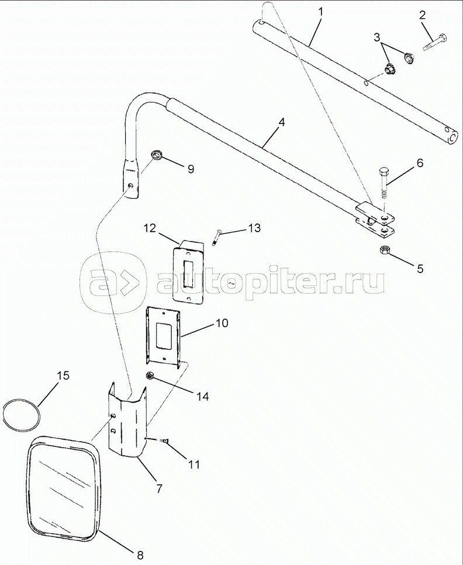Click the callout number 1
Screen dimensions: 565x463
pyautogui.click(x=320, y=11)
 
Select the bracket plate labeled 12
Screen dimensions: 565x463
pyautogui.click(x=188, y=272)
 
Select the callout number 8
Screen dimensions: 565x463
pyautogui.click(x=140, y=553)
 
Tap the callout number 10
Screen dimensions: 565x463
pyautogui.click(x=205, y=323)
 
